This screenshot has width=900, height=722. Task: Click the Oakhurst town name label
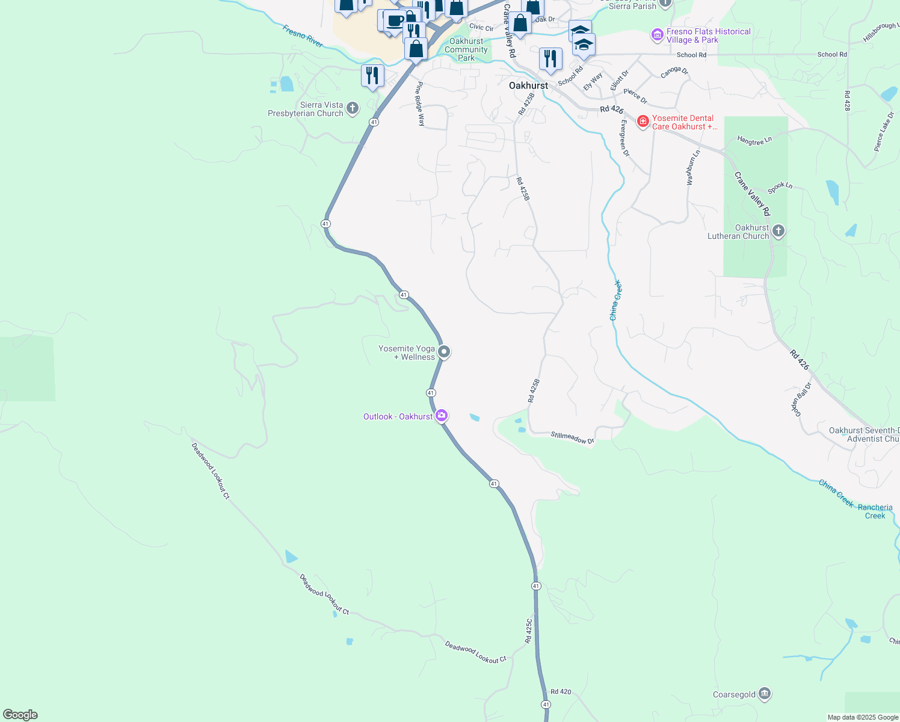pos(528,85)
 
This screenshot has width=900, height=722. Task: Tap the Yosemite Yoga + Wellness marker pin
pos(444,352)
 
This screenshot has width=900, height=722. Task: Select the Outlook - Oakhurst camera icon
pos(442,416)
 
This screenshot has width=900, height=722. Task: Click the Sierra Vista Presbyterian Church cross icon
pos(353,108)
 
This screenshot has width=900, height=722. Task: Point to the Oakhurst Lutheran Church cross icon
pos(778,231)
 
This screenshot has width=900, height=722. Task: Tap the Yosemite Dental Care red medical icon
pos(643,122)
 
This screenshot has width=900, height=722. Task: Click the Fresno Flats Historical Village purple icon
pos(657,35)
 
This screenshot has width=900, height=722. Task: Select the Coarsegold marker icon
pos(765,694)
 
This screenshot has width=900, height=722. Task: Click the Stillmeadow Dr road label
pos(572,437)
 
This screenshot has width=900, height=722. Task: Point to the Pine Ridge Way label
pos(421,103)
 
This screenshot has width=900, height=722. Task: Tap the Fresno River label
pos(303,36)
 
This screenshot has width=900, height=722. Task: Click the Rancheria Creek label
pos(875,511)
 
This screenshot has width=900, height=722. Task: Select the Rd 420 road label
pos(561,692)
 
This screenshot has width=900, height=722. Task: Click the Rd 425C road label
pos(529,631)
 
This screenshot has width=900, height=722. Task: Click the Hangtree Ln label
pos(754,141)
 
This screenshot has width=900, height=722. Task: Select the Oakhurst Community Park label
pos(466,49)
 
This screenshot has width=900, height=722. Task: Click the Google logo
pos(20,715)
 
